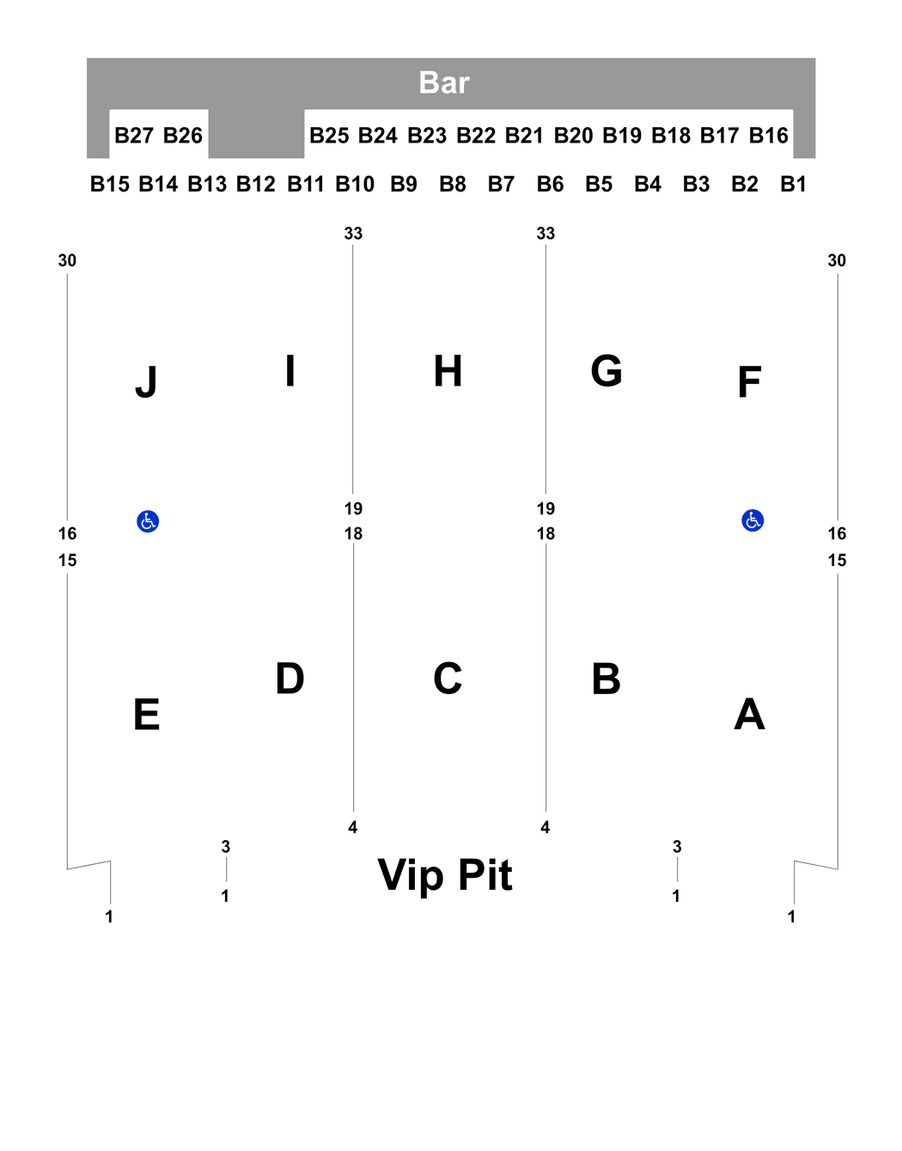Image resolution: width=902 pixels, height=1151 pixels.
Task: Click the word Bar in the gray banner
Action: pyautogui.click(x=444, y=82)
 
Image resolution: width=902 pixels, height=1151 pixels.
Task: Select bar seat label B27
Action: pyautogui.click(x=134, y=135)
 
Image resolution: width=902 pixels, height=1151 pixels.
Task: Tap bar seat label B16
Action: pyautogui.click(x=768, y=135)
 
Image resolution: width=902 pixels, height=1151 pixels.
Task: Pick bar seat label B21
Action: pyautogui.click(x=524, y=135)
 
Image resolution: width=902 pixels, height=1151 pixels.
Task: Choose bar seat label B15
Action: pyautogui.click(x=110, y=184)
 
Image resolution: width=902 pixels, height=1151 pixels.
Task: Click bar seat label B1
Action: pyautogui.click(x=793, y=184)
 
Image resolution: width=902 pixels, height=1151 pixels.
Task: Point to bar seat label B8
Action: pyautogui.click(x=453, y=184)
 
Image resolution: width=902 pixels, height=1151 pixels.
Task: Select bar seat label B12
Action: pyautogui.click(x=256, y=184)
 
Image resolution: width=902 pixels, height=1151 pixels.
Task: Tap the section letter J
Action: pyautogui.click(x=146, y=381)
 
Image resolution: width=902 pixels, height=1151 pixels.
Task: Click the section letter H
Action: pyautogui.click(x=448, y=371)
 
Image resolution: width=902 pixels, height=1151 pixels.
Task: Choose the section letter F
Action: pyautogui.click(x=749, y=381)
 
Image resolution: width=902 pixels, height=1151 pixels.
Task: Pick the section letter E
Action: pyautogui.click(x=147, y=714)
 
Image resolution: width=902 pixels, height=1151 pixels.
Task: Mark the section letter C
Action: pyautogui.click(x=448, y=678)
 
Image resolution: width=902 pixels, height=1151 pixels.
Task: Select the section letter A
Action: pyautogui.click(x=749, y=714)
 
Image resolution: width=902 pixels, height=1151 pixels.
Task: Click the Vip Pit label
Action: pyautogui.click(x=445, y=875)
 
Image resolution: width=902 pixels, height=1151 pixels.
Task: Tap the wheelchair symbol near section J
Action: pyautogui.click(x=148, y=521)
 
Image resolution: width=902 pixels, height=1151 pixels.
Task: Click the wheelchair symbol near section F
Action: pyautogui.click(x=753, y=521)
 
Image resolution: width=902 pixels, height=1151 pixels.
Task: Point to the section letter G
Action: pyautogui.click(x=606, y=371)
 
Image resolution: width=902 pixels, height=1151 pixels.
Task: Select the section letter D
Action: pyautogui.click(x=289, y=678)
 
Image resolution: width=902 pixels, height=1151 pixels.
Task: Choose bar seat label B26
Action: pyautogui.click(x=183, y=135)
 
